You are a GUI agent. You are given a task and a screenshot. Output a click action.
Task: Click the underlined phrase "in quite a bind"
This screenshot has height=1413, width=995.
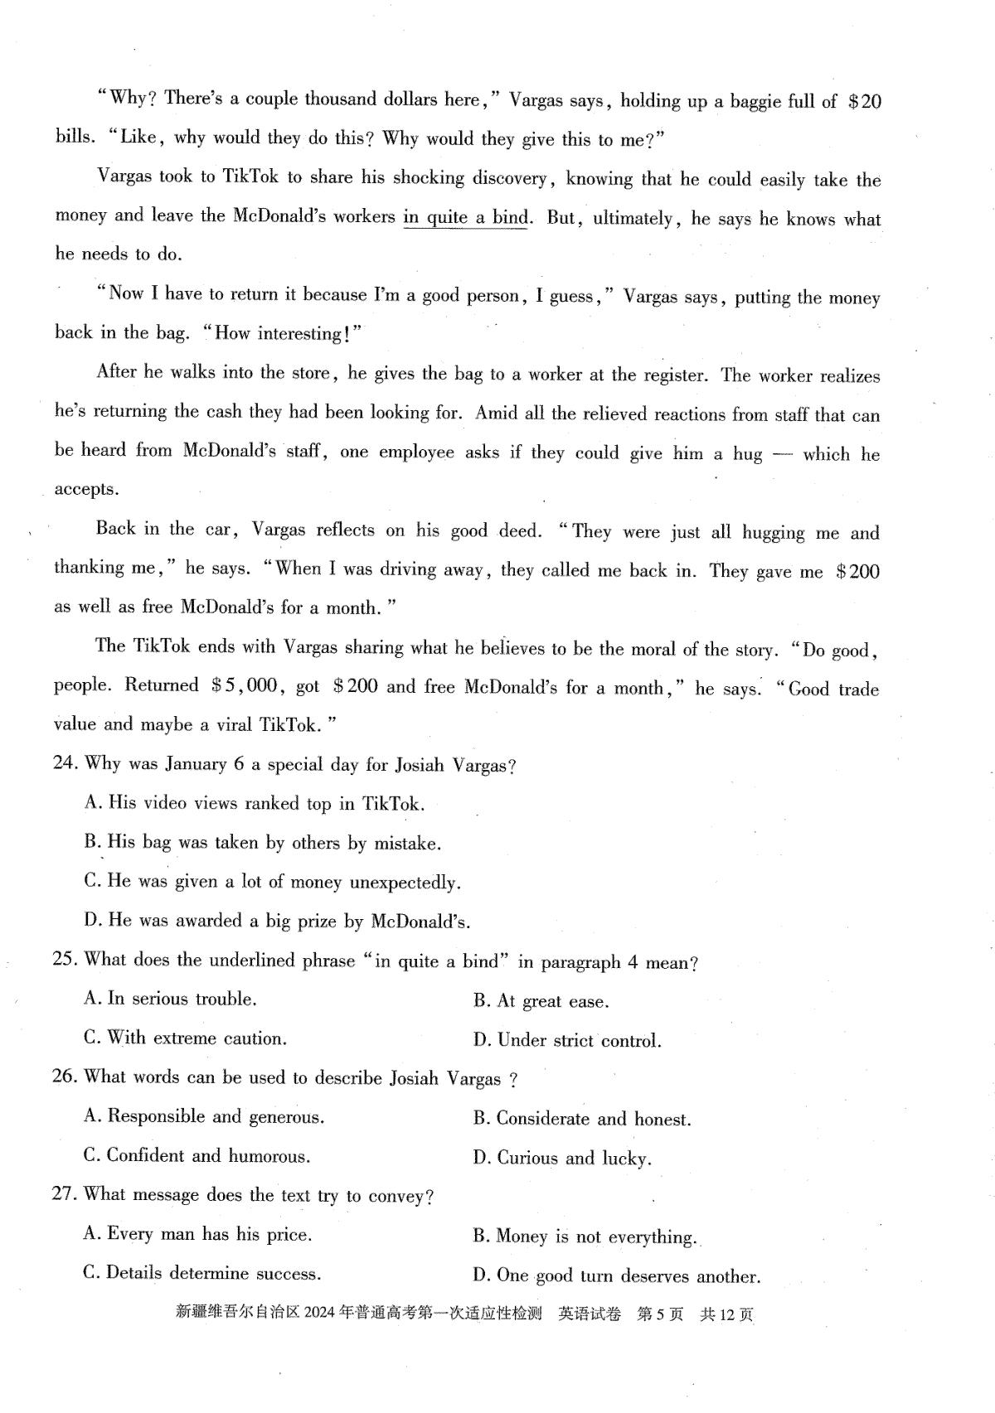(x=465, y=218)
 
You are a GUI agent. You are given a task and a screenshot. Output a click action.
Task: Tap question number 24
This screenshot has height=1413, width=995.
(x=65, y=763)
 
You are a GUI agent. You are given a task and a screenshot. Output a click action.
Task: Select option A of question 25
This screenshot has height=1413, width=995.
(x=171, y=999)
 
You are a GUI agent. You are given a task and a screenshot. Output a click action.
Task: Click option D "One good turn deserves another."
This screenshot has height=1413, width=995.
(x=616, y=1276)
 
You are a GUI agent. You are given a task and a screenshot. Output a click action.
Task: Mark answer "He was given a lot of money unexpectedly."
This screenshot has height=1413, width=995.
(x=272, y=882)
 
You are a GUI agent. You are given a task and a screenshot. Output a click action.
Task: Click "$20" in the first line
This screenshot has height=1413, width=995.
(x=865, y=102)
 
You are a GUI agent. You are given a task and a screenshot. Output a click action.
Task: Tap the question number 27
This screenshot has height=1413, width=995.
(x=65, y=1194)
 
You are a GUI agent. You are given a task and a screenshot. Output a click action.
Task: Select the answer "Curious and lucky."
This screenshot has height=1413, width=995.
(x=562, y=1158)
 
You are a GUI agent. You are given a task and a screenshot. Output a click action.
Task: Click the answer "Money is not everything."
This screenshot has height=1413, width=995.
(x=585, y=1237)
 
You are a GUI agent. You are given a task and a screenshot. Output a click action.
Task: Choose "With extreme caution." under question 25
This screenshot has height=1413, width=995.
(x=185, y=1038)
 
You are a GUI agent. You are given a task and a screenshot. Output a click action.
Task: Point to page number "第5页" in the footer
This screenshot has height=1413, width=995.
(x=660, y=1314)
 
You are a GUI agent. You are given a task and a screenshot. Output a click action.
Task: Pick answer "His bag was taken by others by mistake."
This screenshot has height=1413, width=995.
(x=262, y=843)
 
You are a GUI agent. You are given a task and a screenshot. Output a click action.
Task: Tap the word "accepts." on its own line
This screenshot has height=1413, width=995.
(x=86, y=489)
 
